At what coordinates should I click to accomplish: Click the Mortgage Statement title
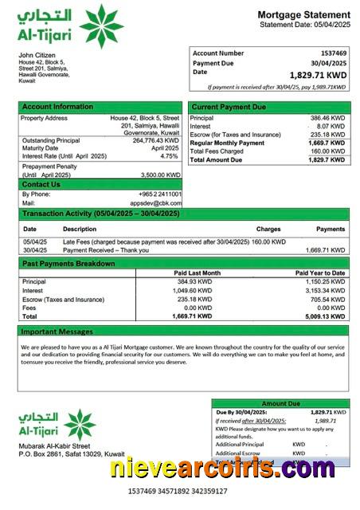303,15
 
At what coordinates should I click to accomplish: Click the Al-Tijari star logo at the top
101,25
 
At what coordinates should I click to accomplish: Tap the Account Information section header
57,107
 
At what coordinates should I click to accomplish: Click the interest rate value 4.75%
170,156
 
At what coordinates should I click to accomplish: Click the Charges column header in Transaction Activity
268,229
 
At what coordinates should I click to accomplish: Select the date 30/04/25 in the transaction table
34,249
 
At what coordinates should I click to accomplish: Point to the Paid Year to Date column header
320,273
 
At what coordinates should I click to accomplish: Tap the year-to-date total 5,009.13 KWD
327,316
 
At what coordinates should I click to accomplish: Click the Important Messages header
57,331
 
